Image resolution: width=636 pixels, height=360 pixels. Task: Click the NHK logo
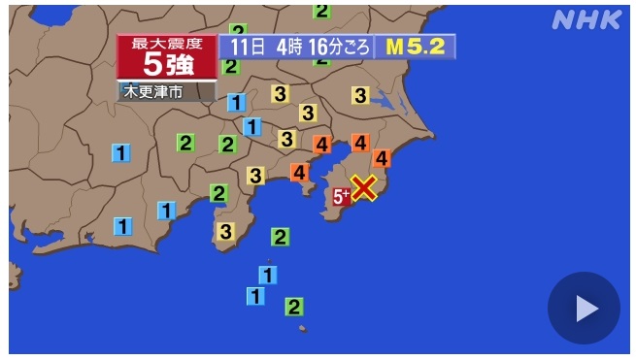pyautogui.click(x=587, y=20)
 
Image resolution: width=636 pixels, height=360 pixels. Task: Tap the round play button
pyautogui.click(x=584, y=308)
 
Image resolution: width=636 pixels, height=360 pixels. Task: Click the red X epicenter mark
pyautogui.click(x=363, y=187)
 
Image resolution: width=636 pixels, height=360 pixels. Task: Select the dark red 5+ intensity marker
pyautogui.click(x=342, y=197)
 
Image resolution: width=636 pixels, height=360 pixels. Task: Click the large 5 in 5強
pyautogui.click(x=153, y=64)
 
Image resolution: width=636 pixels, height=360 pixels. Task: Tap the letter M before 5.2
pyautogui.click(x=394, y=47)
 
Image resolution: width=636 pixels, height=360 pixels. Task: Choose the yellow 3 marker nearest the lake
pyautogui.click(x=360, y=95)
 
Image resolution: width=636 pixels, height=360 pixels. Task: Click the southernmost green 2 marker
pyautogui.click(x=293, y=307)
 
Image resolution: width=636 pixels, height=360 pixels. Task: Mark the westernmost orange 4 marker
pyautogui.click(x=299, y=173)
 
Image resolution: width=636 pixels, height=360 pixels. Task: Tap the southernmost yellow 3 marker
pyautogui.click(x=225, y=231)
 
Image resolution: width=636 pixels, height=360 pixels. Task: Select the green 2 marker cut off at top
pyautogui.click(x=321, y=11)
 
